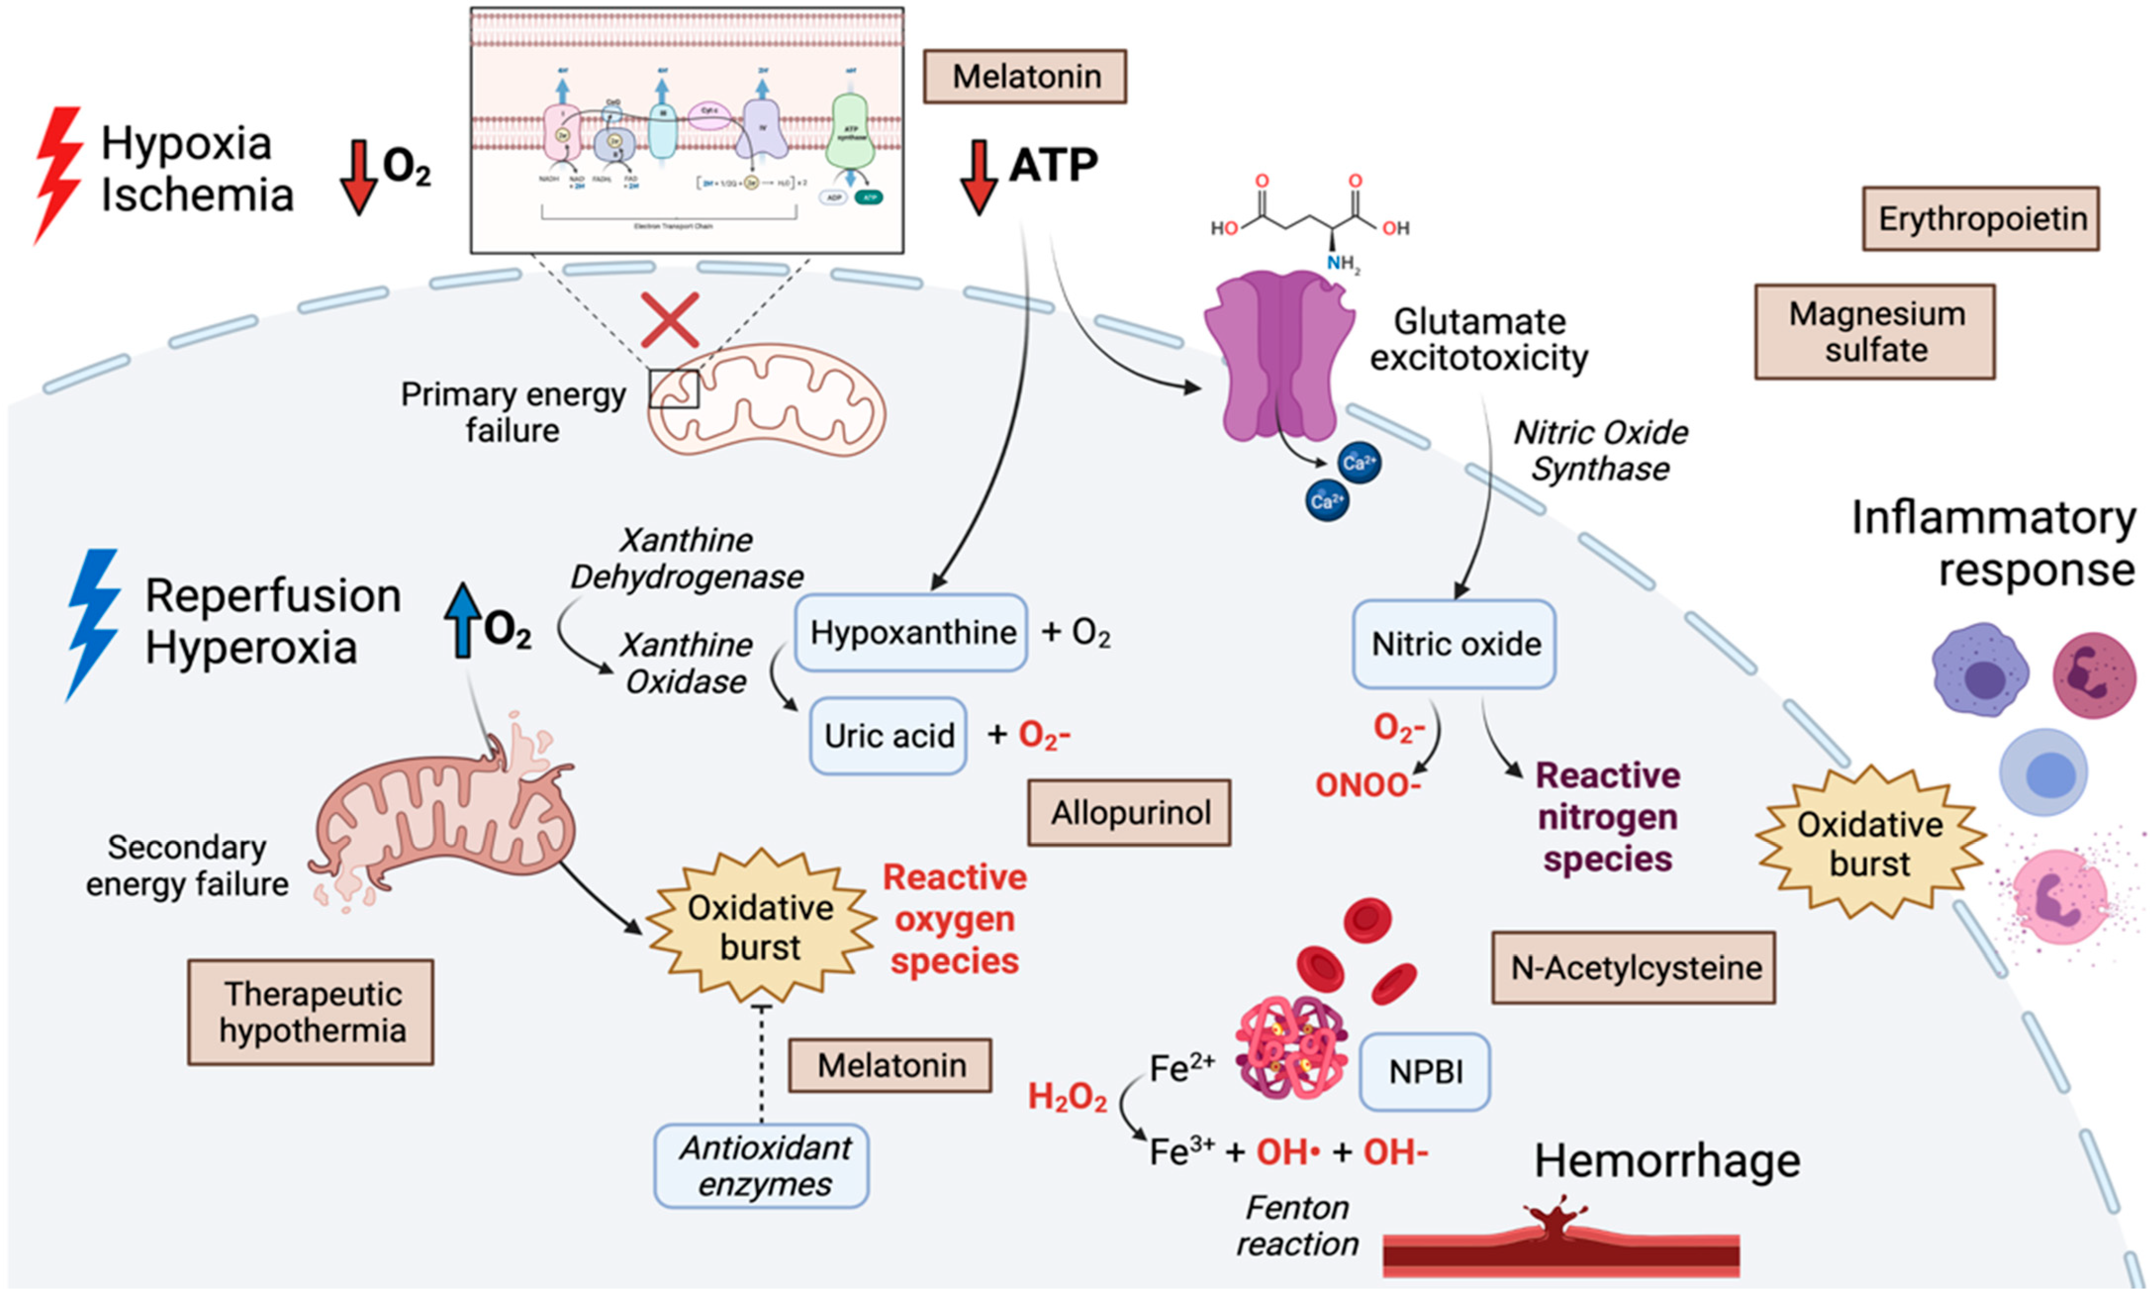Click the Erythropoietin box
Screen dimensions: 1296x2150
point(1981,219)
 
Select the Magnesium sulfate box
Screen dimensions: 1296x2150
point(1875,332)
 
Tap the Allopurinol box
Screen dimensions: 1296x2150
point(1129,813)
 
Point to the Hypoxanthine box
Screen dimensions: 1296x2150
point(911,632)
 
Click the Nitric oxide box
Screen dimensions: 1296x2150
point(1454,644)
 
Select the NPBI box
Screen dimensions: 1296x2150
point(1425,1072)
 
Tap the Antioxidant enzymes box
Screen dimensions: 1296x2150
point(762,1166)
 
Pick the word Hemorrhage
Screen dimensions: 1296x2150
point(1667,1161)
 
